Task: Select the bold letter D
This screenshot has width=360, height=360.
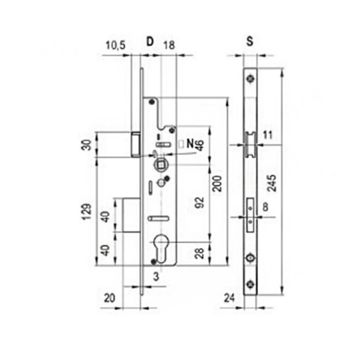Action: pos(149,42)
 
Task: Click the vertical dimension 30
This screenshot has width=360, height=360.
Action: pos(89,145)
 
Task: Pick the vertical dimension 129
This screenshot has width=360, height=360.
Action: pos(89,212)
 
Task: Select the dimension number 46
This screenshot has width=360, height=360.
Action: pos(200,145)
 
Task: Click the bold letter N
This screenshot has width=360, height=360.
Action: pos(190,143)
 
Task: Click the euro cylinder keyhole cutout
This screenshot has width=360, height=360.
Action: pos(162,250)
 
